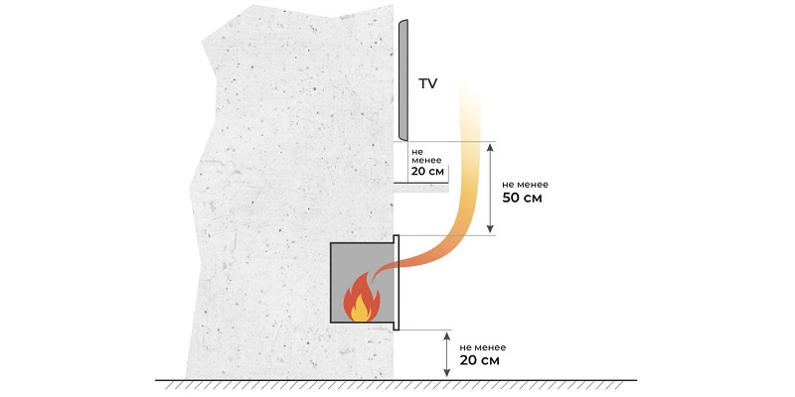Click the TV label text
tap(427, 84)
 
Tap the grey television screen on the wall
tap(403, 80)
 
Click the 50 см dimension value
tap(522, 198)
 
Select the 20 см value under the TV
tap(428, 171)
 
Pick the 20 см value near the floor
tap(479, 360)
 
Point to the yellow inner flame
tap(361, 309)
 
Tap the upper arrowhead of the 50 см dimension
tap(490, 147)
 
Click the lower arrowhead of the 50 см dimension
tap(490, 229)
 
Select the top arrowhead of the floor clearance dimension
tap(446, 336)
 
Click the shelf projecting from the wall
tap(421, 189)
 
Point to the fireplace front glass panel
tap(397, 283)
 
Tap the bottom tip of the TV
tap(404, 140)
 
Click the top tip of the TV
tap(405, 20)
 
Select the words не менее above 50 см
tap(525, 186)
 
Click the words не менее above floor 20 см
tap(483, 348)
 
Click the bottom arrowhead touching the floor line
tap(446, 372)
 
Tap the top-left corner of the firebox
tap(331, 243)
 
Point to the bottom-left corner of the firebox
tap(331, 323)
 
